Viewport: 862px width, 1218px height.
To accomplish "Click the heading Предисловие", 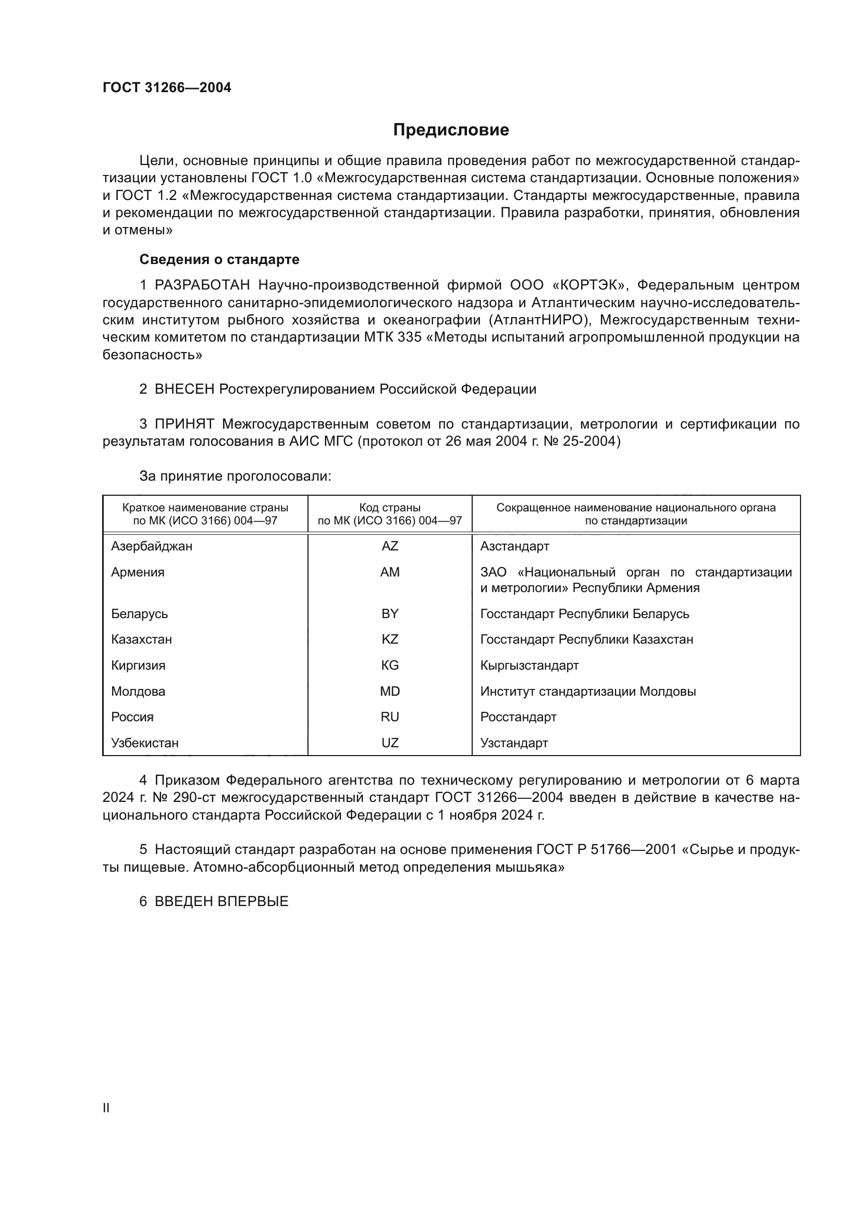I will point(451,130).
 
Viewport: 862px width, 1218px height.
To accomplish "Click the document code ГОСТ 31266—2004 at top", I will point(167,88).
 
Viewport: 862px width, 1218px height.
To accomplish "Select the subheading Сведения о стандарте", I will point(219,259).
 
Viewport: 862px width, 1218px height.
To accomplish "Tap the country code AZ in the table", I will point(390,546).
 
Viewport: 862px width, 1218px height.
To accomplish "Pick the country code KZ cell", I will point(390,639).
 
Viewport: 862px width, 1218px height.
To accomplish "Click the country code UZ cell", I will point(390,743).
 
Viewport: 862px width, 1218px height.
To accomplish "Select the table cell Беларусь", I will point(140,614).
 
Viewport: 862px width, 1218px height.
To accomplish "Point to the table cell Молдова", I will point(138,691).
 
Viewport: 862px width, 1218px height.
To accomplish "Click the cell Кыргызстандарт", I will point(529,665).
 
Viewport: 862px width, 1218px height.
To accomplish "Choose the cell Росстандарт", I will point(518,717).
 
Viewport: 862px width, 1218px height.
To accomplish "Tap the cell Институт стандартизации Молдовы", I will point(587,691).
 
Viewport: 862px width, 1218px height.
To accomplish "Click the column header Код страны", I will point(390,508).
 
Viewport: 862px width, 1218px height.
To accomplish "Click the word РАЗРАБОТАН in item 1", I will point(202,285).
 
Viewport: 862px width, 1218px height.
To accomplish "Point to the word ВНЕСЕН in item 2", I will point(184,390).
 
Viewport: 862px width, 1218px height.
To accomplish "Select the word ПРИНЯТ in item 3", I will point(184,424).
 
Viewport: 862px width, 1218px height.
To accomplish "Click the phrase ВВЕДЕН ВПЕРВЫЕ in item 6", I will point(221,901).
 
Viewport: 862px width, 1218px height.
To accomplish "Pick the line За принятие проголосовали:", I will point(235,476).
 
